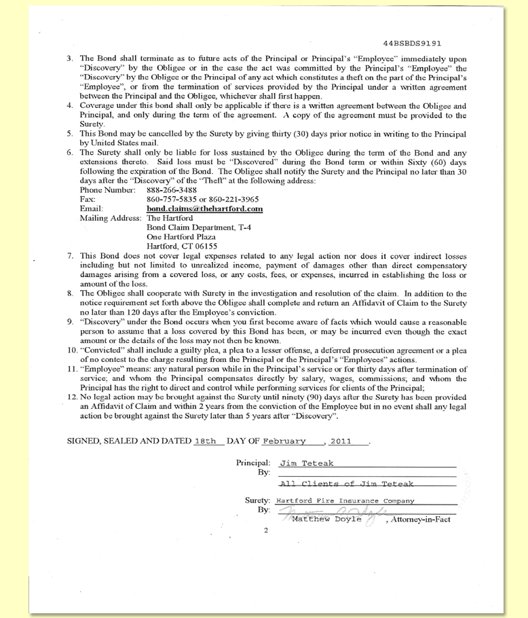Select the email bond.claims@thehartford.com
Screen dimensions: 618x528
(x=204, y=208)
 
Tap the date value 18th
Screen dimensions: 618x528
(x=206, y=441)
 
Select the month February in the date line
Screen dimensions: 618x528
(x=285, y=441)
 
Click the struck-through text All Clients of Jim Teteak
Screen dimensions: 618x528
(x=346, y=484)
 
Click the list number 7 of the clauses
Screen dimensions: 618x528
(x=71, y=257)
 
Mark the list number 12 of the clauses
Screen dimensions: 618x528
(x=72, y=395)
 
